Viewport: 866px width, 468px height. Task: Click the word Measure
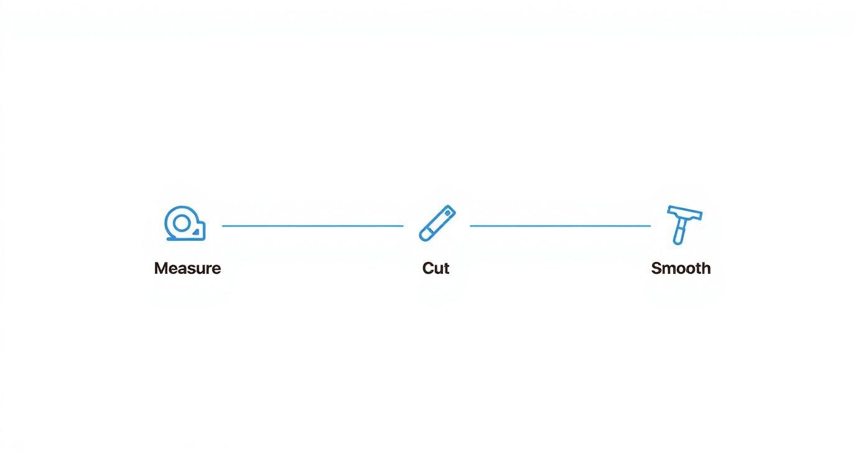coord(187,268)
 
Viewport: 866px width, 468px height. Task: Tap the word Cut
coord(435,268)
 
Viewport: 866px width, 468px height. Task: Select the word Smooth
coord(681,268)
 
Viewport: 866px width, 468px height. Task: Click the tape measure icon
coord(185,223)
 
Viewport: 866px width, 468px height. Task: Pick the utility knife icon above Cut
coord(437,223)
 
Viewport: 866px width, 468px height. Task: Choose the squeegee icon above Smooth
coord(684,225)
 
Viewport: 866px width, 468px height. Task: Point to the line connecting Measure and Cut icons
coord(313,226)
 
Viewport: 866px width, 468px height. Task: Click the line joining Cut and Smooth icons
coord(560,226)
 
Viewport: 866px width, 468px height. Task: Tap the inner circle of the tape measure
coord(181,223)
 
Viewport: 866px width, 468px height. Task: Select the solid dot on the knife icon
coord(447,213)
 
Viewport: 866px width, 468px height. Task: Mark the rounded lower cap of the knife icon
coord(426,235)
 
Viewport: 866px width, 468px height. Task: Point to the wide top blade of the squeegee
coord(685,213)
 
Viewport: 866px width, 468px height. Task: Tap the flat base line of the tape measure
coord(186,240)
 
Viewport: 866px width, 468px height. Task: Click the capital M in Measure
coord(161,268)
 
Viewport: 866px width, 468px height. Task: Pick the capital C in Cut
coord(427,268)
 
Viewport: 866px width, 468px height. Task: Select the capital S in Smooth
coord(657,268)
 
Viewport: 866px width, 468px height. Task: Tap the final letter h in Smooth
coord(706,268)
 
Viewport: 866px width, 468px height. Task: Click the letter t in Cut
coord(446,269)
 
